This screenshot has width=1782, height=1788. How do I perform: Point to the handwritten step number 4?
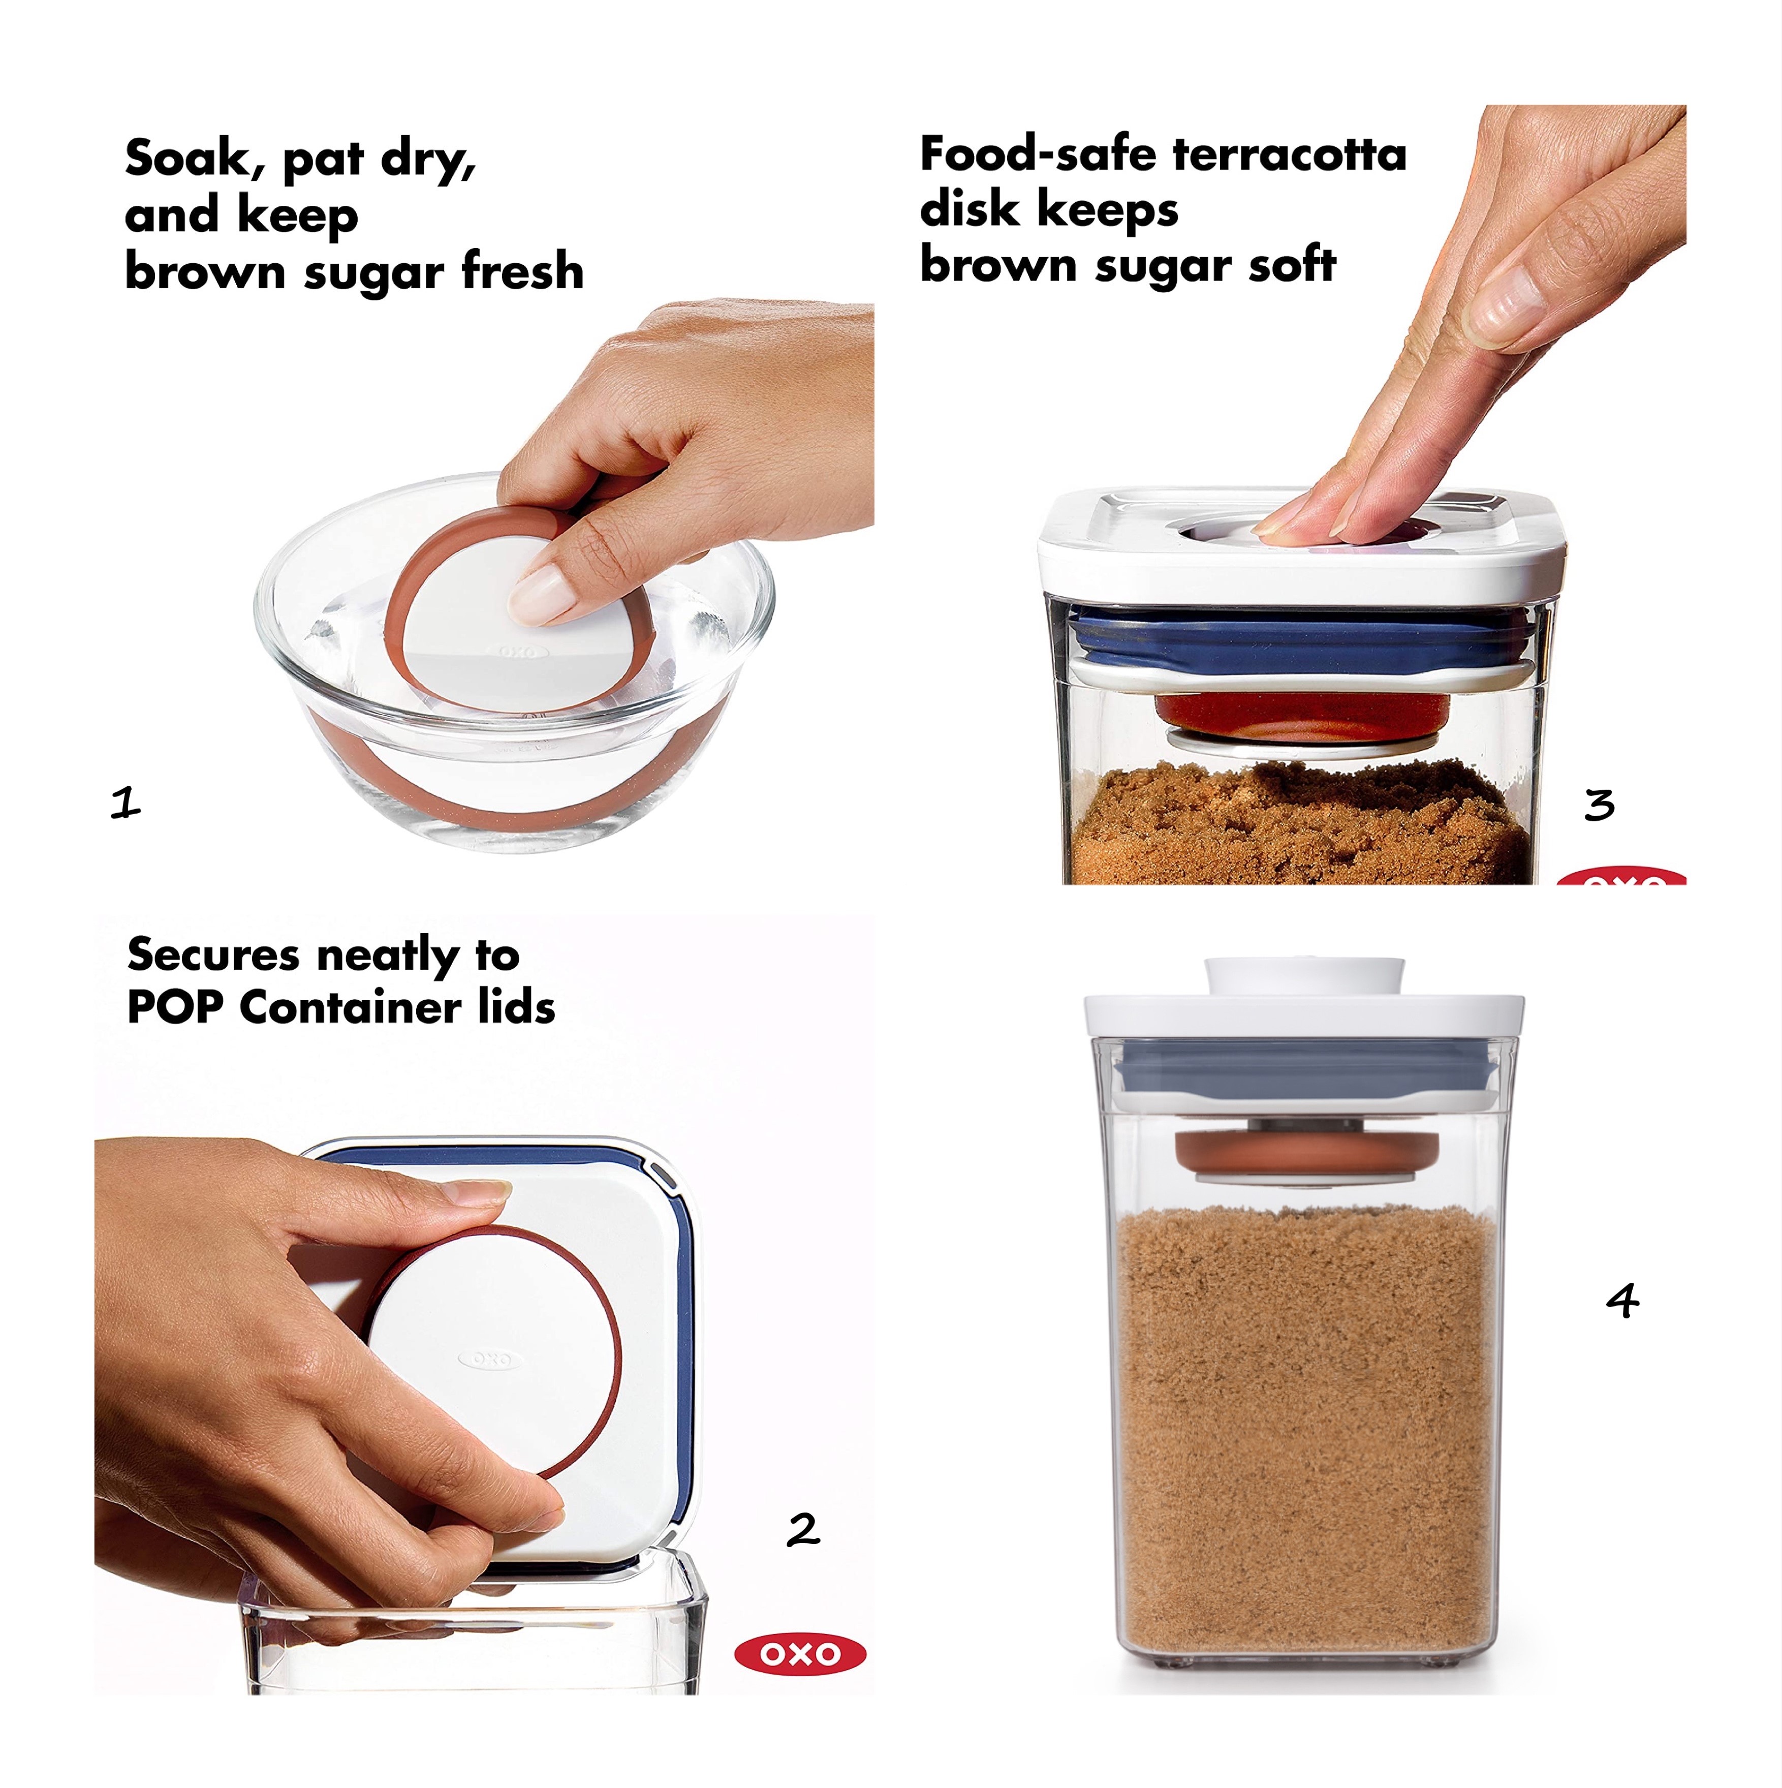coord(1622,1300)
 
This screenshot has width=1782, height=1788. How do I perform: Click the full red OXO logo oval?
coord(799,1654)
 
